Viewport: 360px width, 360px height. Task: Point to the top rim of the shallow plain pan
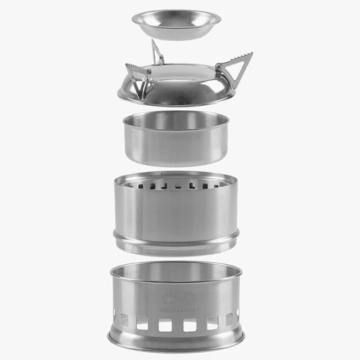[x=176, y=115]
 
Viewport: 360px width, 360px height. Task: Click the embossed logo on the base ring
[x=174, y=297]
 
